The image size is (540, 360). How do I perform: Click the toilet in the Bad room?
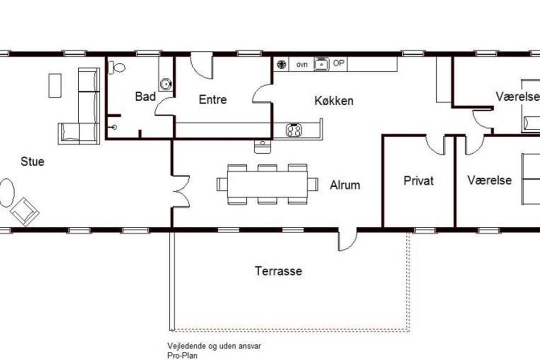point(117,67)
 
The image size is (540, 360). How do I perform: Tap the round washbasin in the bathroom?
point(166,84)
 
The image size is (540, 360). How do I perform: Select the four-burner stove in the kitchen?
point(293,130)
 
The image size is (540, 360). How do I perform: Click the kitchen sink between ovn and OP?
point(321,64)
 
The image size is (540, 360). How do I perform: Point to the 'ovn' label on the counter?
point(302,65)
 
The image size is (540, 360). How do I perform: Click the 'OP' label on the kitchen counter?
point(338,63)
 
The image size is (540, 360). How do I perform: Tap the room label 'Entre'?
point(212,99)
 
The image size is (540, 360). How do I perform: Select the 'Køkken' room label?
point(334,101)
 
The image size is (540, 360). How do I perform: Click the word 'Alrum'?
point(345,185)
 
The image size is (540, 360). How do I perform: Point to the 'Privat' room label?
point(418,181)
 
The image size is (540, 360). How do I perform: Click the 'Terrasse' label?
point(279,271)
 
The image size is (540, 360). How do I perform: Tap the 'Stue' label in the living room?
point(32,162)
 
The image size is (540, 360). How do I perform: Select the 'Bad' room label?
point(145,97)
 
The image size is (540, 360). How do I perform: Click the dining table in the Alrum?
point(267,184)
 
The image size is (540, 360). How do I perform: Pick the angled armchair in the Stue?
point(25,212)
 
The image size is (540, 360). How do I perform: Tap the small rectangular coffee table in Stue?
point(55,85)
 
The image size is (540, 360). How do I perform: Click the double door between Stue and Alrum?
point(181,191)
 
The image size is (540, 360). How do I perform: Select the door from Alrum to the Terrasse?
point(347,240)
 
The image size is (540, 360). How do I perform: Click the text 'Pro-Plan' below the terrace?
point(182,355)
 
